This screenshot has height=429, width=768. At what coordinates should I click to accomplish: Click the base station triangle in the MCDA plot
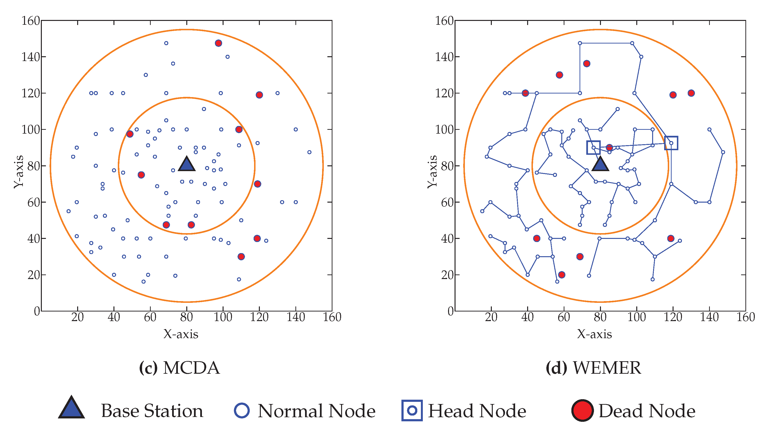(x=187, y=165)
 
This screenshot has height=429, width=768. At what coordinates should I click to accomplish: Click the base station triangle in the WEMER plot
(x=600, y=165)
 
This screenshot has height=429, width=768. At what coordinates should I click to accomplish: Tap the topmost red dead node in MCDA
(x=218, y=43)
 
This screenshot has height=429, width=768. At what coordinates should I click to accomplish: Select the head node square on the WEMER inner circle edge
(x=671, y=143)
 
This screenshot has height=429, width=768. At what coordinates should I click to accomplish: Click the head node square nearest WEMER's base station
(x=593, y=148)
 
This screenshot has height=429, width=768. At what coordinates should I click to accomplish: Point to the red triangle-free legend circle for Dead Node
(x=582, y=410)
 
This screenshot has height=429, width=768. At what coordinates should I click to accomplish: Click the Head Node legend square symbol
(x=412, y=410)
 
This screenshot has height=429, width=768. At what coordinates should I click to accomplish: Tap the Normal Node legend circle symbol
(x=242, y=410)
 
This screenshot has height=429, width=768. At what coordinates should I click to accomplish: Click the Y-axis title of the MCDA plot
(x=19, y=171)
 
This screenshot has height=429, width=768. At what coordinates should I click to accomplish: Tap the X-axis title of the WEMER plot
(x=594, y=334)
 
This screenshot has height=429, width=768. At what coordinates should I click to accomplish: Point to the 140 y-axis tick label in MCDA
(x=31, y=57)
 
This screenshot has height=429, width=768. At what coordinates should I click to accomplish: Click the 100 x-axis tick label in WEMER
(x=637, y=317)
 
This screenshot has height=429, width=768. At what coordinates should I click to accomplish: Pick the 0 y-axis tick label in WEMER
(x=450, y=311)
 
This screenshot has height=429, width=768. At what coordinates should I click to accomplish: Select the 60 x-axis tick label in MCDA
(x=150, y=317)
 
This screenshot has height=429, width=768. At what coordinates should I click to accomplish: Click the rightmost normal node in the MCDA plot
(x=309, y=152)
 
